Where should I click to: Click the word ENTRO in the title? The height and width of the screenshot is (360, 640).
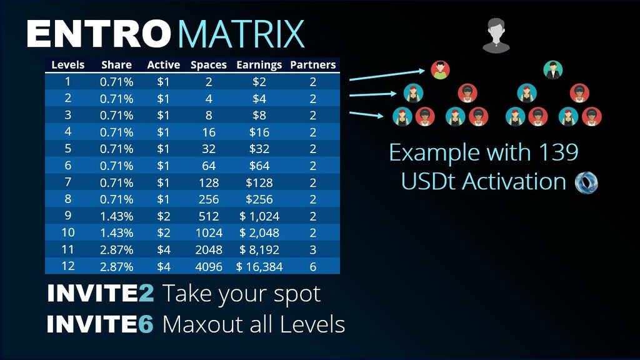point(98,34)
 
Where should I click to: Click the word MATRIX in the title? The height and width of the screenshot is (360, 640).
point(241,34)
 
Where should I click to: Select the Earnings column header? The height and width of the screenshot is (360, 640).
point(259,65)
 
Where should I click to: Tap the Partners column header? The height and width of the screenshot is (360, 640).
point(313,65)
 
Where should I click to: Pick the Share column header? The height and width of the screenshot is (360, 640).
point(116,65)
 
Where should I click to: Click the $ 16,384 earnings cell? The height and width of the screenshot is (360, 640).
point(259,266)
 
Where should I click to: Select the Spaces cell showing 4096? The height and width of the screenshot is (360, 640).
point(209,266)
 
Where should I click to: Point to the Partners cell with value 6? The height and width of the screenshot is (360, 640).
point(313,266)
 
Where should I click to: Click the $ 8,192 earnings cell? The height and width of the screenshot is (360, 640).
point(259,249)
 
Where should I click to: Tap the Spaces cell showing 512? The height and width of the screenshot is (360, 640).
point(209,216)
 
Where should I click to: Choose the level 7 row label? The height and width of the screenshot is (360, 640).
point(67,182)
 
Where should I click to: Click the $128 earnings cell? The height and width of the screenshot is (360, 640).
point(259,182)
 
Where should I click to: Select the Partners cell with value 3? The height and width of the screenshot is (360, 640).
point(313,249)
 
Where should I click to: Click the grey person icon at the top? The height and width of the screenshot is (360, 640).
point(496,36)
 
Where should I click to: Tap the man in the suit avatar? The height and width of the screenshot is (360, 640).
point(553,70)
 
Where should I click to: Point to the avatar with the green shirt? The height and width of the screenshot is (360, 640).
point(441,70)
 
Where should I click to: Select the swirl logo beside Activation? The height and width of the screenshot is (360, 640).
point(586,182)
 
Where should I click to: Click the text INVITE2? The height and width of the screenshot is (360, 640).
point(101,294)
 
